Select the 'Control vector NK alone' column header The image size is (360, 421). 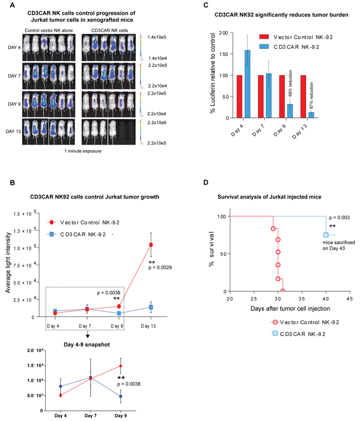[x=50, y=30]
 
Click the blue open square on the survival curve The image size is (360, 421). [x=326, y=235]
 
